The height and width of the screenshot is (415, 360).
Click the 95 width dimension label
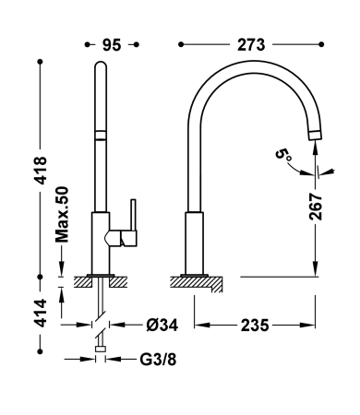pos(112,45)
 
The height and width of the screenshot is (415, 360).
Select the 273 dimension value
pos(251,45)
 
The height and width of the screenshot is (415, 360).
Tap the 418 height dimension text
pos(41,171)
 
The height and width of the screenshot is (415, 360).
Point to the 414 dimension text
pos(41,313)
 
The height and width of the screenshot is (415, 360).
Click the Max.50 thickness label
pos(62,214)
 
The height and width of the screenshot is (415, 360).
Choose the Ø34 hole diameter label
pos(162,325)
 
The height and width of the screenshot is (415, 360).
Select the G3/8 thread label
pos(158,359)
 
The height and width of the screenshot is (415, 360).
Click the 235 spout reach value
pos(255,326)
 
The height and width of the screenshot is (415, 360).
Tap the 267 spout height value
pos(316,207)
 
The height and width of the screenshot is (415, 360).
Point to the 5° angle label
pos(283,154)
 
